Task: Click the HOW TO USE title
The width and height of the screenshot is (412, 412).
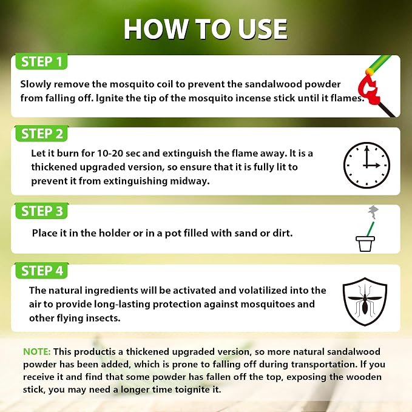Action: (206, 29)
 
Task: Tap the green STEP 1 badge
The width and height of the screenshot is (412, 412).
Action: (41, 61)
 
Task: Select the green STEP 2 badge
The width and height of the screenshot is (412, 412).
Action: (41, 133)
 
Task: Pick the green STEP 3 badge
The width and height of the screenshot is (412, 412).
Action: (41, 211)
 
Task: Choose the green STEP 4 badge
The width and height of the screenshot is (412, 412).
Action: (41, 271)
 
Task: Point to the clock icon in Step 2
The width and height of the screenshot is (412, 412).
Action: (366, 165)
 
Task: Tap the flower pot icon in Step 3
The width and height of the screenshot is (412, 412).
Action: (365, 244)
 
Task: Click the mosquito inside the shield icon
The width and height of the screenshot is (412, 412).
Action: (365, 301)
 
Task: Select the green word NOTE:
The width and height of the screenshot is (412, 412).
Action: (37, 351)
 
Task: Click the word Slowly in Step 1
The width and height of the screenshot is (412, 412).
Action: (35, 84)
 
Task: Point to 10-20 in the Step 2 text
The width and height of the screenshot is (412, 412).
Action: (110, 153)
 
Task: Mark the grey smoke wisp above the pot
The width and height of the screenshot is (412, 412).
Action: (373, 212)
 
